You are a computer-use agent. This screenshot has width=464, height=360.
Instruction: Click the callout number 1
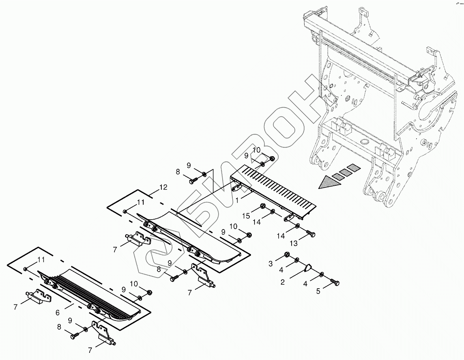237,200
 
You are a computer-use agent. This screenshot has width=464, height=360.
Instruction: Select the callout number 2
283,282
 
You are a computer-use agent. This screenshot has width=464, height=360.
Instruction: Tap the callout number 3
271,263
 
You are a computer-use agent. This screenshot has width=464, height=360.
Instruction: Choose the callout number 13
294,244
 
